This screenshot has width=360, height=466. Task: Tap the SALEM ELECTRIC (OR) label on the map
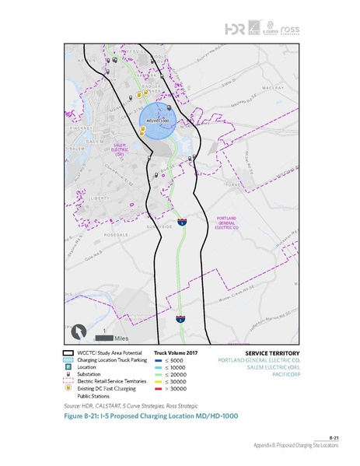click(x=121, y=149)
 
